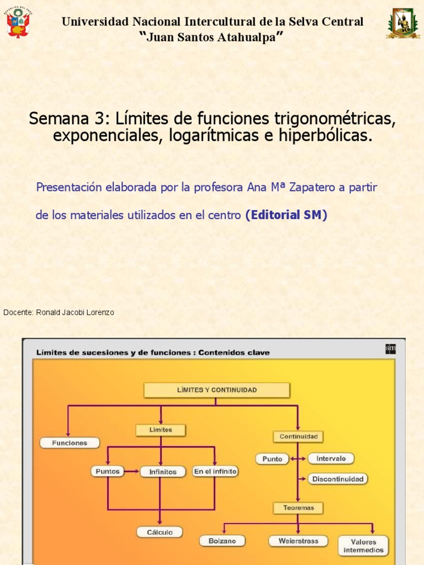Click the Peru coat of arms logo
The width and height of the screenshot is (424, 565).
[x=18, y=22]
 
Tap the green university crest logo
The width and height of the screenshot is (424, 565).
[x=402, y=23]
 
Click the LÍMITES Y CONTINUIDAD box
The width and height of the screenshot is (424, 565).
[x=216, y=390]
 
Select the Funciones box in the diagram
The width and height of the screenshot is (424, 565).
[x=70, y=443]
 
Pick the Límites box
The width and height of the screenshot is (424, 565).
[x=160, y=430]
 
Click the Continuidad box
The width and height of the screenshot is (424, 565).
[x=298, y=436]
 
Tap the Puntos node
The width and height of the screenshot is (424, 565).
[x=107, y=471]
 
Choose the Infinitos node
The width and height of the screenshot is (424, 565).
[x=162, y=472]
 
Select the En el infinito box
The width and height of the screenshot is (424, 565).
[x=215, y=471]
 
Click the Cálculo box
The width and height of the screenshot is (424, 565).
[x=160, y=532]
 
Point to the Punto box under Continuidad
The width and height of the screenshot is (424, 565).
[x=272, y=459]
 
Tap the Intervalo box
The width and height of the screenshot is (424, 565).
[x=331, y=459]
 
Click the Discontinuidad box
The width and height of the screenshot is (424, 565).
[x=337, y=479]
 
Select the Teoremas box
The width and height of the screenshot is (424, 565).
[x=298, y=508]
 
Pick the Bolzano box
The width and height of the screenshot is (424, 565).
[x=222, y=541]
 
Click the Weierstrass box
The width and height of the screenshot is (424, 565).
[x=298, y=541]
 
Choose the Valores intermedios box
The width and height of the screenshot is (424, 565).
[x=363, y=546]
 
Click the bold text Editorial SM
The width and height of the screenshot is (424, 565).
[x=286, y=215]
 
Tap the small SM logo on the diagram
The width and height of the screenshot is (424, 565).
[x=390, y=349]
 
